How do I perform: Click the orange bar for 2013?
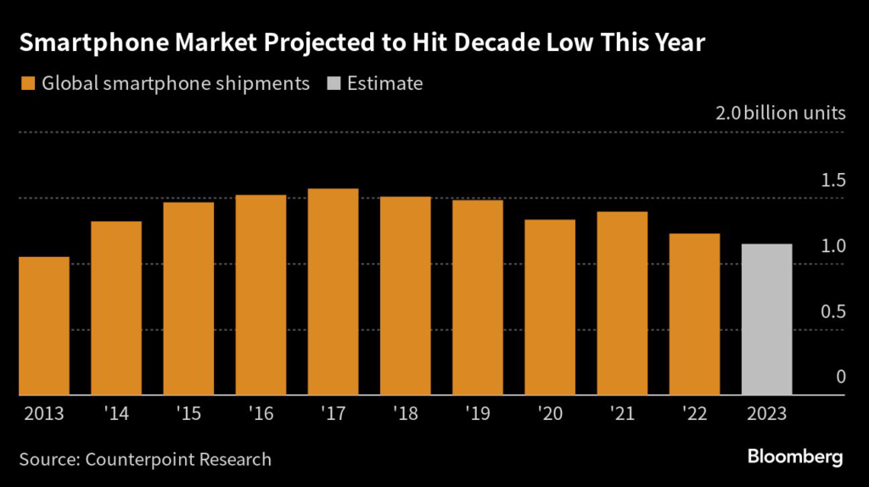(x=44, y=326)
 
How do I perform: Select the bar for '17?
(x=334, y=292)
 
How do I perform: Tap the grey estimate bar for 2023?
(x=766, y=320)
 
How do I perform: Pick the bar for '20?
(x=550, y=307)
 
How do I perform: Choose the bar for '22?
(x=694, y=314)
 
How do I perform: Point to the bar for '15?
(x=188, y=299)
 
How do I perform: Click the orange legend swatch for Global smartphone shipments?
(x=27, y=84)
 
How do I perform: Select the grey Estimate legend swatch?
(x=334, y=84)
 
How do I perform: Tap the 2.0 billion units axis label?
(x=782, y=113)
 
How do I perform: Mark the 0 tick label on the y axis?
(x=840, y=377)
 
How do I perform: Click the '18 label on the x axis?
(x=405, y=416)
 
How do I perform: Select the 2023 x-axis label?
(x=766, y=416)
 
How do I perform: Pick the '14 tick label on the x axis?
(x=116, y=416)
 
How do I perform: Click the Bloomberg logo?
(x=795, y=457)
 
